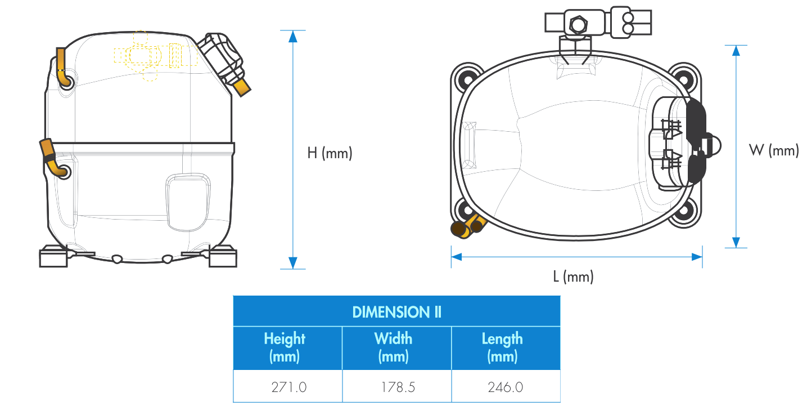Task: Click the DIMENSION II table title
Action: coord(396,312)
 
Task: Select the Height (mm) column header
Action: coord(285,347)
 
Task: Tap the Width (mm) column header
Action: coord(394,347)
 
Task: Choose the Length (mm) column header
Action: coord(502,347)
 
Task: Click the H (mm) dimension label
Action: coord(330,153)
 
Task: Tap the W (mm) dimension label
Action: coord(774,150)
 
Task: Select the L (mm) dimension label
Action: coord(573,277)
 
